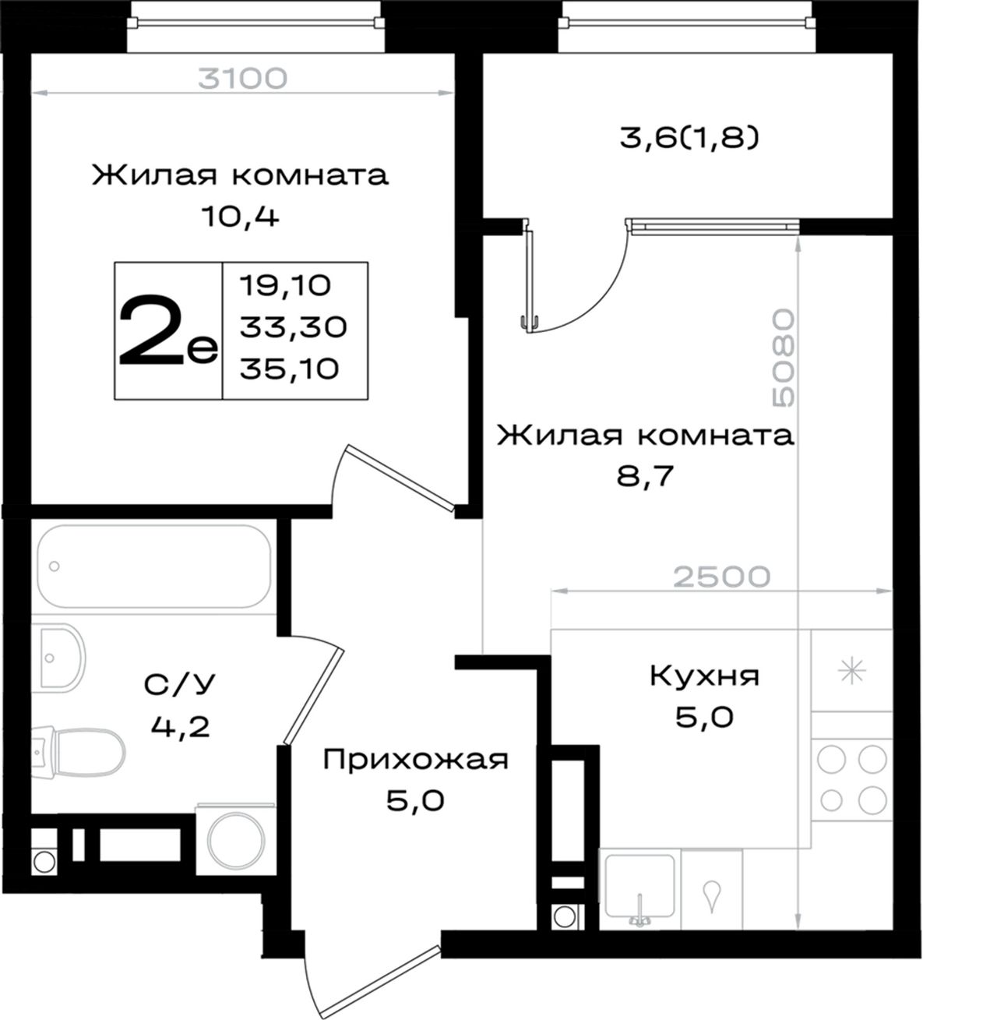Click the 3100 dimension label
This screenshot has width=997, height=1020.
coord(242,79)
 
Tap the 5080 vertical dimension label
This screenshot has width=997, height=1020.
coord(784,358)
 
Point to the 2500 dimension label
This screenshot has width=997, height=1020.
coord(721,577)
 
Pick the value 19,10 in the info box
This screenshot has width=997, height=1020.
coord(285,286)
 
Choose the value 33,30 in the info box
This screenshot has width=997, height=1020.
coord(294,327)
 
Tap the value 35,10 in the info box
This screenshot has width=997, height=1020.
coord(289,369)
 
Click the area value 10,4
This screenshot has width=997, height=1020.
coord(240,217)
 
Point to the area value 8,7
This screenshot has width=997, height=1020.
coord(644,476)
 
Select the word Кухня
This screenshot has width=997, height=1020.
coord(705,676)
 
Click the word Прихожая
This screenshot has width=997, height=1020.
coord(415,760)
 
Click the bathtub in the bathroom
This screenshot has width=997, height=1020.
coord(154,566)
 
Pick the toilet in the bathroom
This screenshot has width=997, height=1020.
coord(79,751)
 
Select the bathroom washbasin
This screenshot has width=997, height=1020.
coord(58,656)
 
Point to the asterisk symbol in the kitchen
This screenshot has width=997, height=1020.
coord(852,670)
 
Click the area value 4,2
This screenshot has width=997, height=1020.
coord(180,726)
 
